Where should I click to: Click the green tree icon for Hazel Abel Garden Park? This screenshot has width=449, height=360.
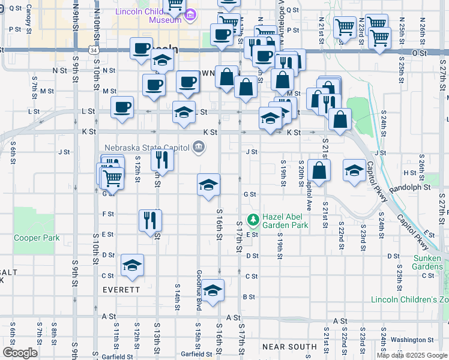point(253,220)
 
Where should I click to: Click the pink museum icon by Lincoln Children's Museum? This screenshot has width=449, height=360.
point(190,14)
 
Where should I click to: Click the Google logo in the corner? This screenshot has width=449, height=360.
point(20,352)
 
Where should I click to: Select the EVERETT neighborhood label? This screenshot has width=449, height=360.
point(104,289)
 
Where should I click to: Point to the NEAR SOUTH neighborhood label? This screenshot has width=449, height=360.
point(289,347)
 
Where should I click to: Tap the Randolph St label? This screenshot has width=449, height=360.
point(410,187)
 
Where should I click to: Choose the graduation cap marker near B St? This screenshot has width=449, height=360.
point(212,290)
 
